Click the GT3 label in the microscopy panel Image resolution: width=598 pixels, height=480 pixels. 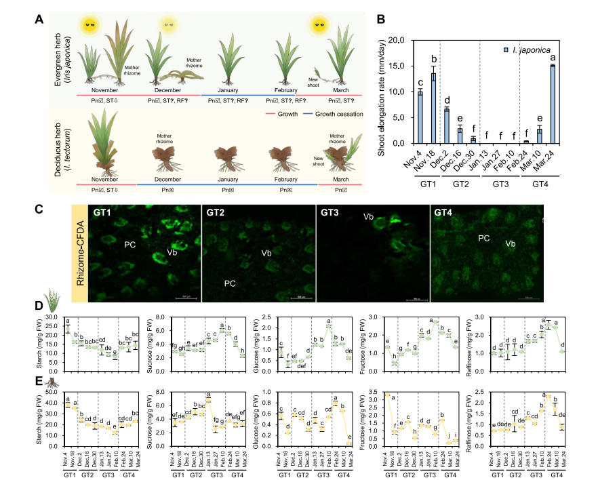point(330,212)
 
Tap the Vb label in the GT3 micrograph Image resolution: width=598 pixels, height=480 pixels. point(369,217)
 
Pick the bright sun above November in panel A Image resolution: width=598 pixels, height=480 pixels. point(89,26)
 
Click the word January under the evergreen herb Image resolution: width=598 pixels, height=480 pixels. point(233,89)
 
